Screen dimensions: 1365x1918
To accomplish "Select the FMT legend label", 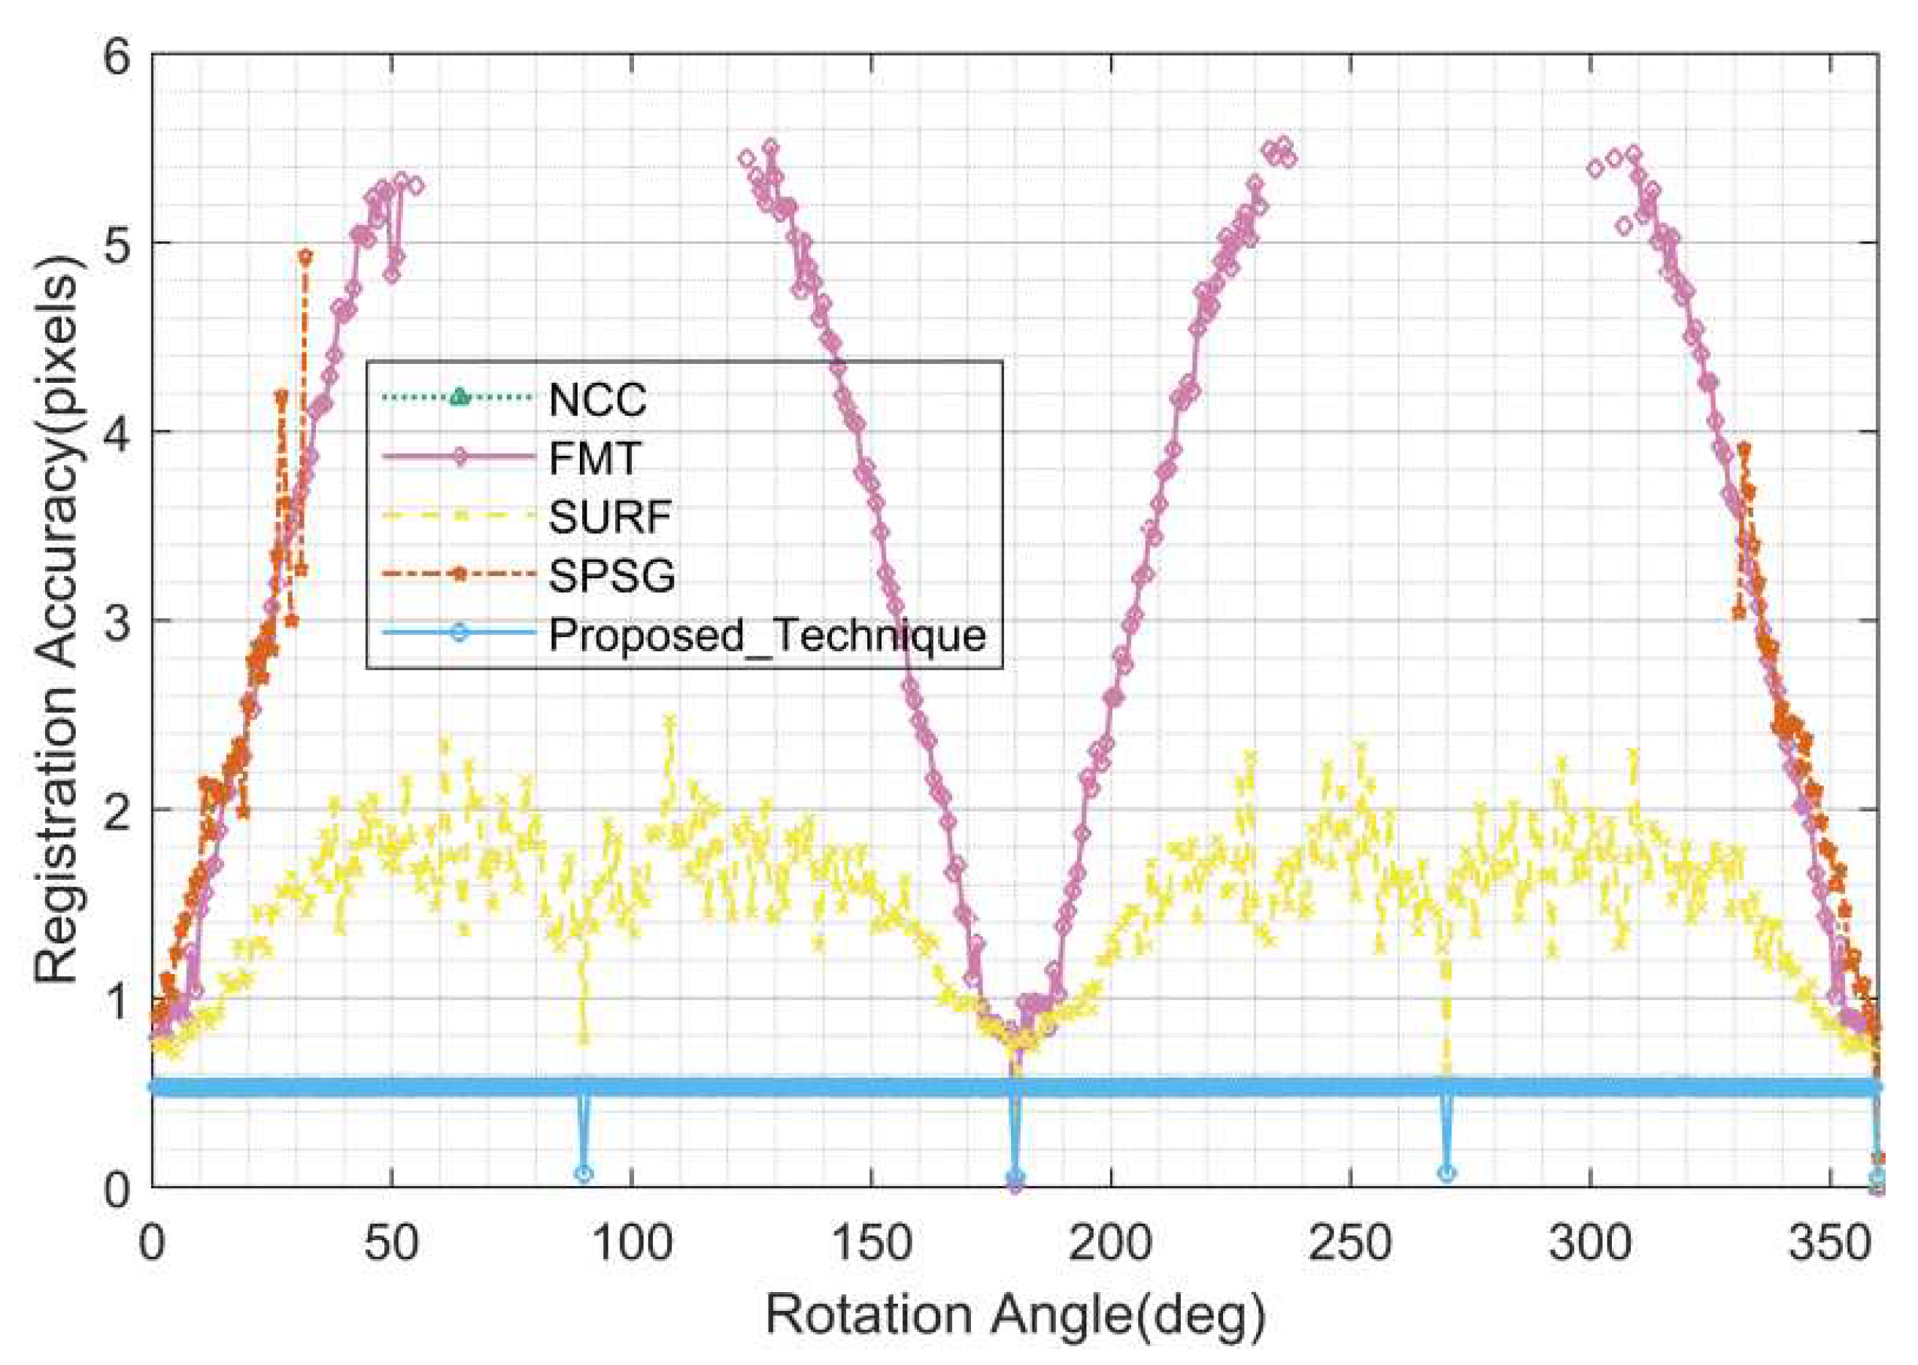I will point(594,458).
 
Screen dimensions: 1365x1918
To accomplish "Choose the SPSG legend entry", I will point(611,576).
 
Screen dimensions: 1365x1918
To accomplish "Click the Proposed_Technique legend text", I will point(766,635).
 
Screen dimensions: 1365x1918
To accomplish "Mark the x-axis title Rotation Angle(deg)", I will point(1015,1316).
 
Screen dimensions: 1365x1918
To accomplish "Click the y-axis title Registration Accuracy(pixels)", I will point(57,622).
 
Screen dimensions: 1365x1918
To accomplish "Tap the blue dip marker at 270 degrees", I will point(1446,1173).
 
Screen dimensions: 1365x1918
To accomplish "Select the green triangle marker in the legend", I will point(458,396).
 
